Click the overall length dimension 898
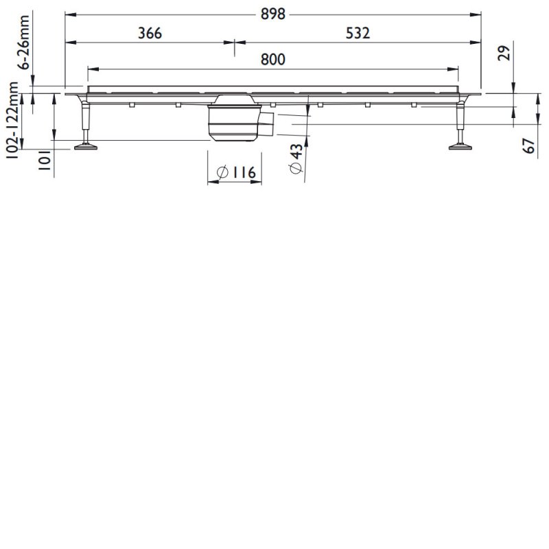click(273, 14)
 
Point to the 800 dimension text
click(273, 60)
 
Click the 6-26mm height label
click(23, 45)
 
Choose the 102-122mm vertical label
click(12, 120)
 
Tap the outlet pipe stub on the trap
click(267, 124)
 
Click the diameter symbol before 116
click(222, 173)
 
